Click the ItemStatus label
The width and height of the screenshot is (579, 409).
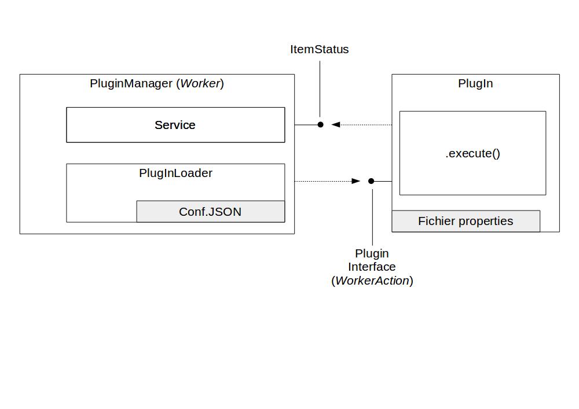(x=319, y=50)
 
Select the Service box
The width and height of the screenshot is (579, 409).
(x=175, y=125)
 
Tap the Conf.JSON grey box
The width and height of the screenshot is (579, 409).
(x=210, y=212)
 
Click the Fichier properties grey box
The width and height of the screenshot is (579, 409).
(x=466, y=222)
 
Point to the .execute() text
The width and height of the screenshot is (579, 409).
(x=472, y=153)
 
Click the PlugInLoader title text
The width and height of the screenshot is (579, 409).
(x=175, y=173)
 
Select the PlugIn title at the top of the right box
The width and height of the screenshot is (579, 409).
(x=475, y=83)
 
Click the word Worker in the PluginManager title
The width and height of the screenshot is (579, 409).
(x=200, y=83)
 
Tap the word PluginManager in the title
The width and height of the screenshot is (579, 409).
(x=131, y=83)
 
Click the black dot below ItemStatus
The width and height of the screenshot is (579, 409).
(x=320, y=124)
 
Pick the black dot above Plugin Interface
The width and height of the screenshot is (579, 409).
(x=372, y=181)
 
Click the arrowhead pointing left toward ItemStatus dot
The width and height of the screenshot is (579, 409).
(x=335, y=124)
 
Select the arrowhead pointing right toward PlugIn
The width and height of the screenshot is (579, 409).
(x=356, y=181)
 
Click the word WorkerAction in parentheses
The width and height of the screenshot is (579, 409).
(x=372, y=281)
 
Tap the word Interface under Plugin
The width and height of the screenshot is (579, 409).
(x=372, y=267)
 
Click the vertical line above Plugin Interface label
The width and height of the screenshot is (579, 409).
(x=372, y=217)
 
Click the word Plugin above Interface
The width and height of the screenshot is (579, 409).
(x=372, y=254)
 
